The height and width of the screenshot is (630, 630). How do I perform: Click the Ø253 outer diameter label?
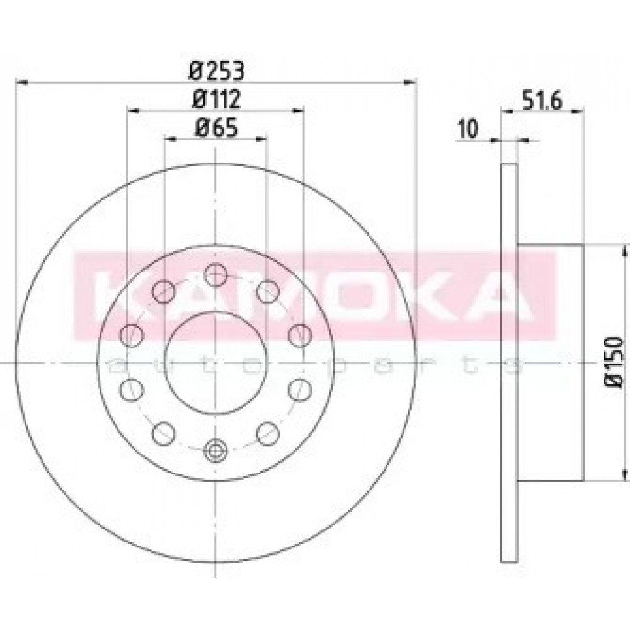coord(217,72)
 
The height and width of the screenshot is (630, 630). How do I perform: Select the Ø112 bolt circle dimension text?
coord(217,99)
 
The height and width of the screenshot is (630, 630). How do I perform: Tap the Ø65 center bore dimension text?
coord(217,128)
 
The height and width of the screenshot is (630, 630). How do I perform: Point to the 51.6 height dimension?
coord(542,101)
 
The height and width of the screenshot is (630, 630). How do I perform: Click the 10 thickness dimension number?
coord(468,129)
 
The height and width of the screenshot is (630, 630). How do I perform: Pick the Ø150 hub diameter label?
coord(614,362)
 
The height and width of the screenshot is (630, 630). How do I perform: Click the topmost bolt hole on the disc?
coord(215,275)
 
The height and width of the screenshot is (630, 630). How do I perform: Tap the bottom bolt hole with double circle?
coord(215,451)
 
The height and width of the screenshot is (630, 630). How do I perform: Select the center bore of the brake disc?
coord(215,363)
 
